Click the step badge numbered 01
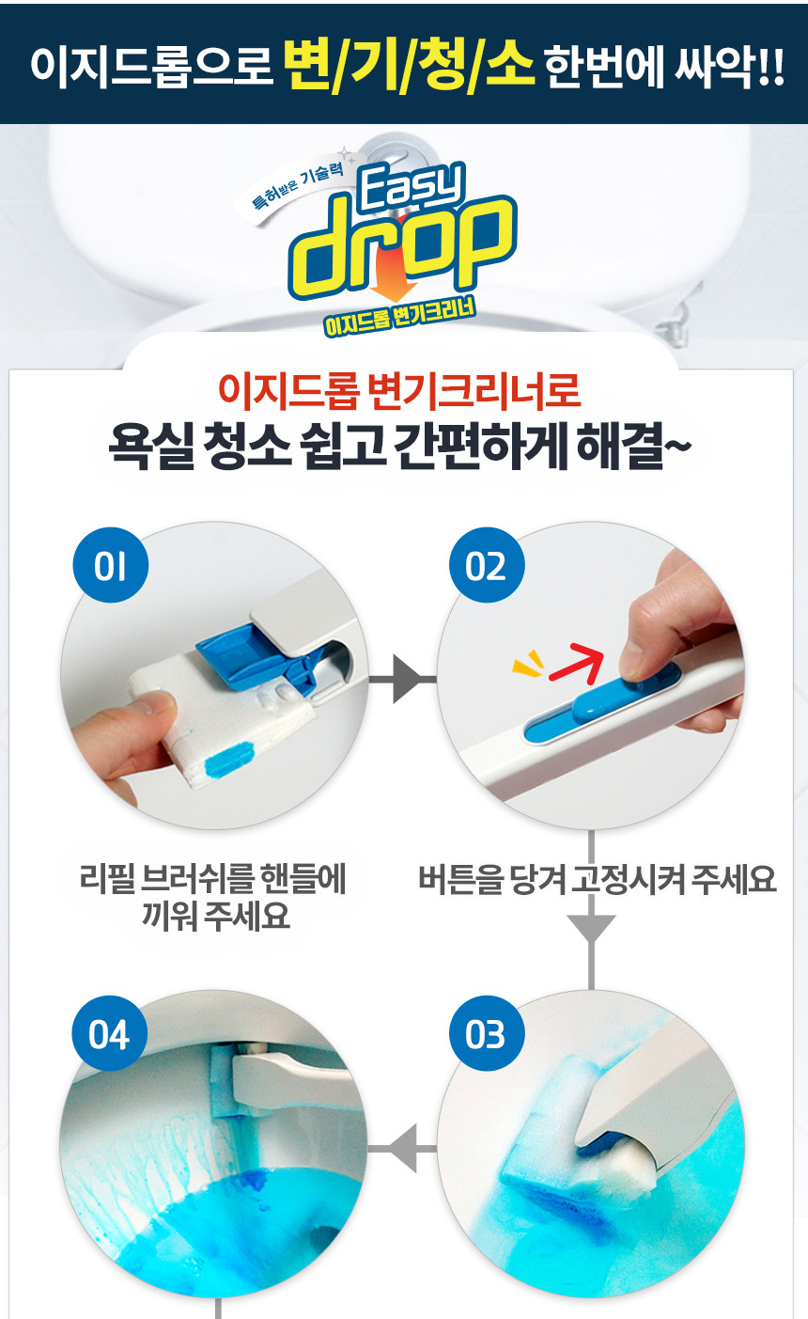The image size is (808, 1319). pos(111,565)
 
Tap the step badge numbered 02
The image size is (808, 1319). pos(487,565)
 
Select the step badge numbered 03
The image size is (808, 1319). pos(487,1033)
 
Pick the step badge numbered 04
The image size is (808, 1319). pos(110,1033)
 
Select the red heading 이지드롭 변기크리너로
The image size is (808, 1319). pos(399,391)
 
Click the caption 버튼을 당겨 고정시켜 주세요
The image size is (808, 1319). pos(597,879)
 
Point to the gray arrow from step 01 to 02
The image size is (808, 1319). pos(402,679)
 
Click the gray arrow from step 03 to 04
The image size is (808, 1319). pos(402,1148)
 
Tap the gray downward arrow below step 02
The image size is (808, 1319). pos(592,910)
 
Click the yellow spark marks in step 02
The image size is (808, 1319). pos(528,663)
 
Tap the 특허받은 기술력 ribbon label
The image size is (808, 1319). pos(298,186)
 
